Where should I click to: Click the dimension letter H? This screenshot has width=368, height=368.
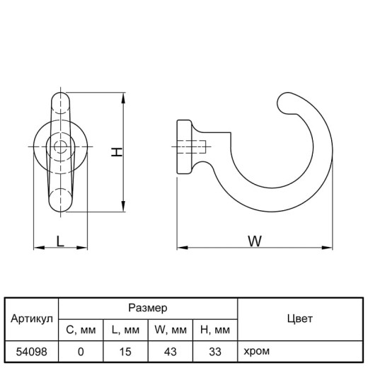click(x=117, y=152)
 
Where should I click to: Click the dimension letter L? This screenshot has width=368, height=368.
click(x=60, y=241)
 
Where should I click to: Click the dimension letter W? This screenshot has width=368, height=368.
click(x=255, y=241)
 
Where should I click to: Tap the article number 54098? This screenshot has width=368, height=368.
click(x=31, y=352)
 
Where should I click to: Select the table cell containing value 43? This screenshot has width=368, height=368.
click(x=171, y=352)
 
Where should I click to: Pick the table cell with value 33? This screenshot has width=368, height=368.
click(x=215, y=352)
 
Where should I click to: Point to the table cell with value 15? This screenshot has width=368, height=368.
click(x=125, y=352)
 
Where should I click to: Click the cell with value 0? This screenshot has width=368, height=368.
click(x=81, y=352)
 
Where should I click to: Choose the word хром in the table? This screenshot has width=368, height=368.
click(x=256, y=351)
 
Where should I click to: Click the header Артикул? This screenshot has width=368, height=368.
click(x=32, y=318)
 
